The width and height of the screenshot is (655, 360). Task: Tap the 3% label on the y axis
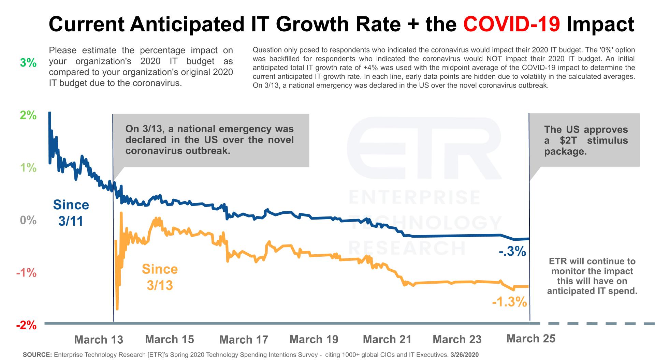click(x=28, y=63)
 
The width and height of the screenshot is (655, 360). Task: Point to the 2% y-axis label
click(x=28, y=115)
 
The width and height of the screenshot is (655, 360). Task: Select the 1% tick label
click(x=28, y=168)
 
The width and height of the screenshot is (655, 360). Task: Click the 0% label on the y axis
click(x=28, y=220)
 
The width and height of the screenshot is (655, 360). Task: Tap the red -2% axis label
click(x=26, y=325)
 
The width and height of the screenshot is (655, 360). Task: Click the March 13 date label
click(x=99, y=340)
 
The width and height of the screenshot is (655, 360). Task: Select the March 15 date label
click(x=170, y=339)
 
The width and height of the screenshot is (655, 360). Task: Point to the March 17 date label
click(x=244, y=340)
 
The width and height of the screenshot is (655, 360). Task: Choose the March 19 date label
click(x=314, y=339)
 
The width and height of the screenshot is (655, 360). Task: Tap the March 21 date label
click(x=387, y=339)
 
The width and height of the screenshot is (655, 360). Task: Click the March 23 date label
click(x=457, y=339)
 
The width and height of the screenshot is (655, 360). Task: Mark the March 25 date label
click(x=531, y=339)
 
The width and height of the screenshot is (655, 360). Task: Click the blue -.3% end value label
click(x=512, y=252)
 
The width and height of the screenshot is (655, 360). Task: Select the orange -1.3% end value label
click(x=509, y=302)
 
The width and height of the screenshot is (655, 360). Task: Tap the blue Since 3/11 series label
click(x=71, y=213)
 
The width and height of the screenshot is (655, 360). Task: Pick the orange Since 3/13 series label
click(x=160, y=277)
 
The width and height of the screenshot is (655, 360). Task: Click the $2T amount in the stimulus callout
click(x=572, y=140)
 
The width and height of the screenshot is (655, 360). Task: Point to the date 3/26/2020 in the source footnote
click(x=464, y=355)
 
